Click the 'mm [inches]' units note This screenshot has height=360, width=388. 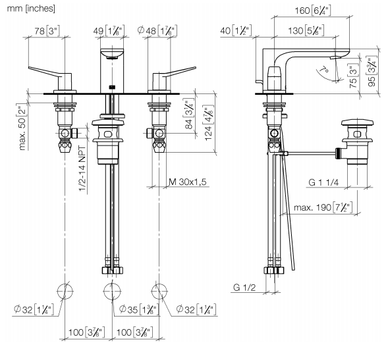tap(31, 9)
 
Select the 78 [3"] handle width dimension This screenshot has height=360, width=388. tap(47, 31)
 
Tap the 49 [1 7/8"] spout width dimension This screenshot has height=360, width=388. tap(109, 31)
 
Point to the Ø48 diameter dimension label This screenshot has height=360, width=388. tap(157, 31)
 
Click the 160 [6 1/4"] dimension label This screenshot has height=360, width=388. tap(312, 11)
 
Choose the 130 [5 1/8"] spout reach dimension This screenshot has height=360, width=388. tap(306, 31)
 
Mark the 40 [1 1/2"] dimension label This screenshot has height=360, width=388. tap(236, 31)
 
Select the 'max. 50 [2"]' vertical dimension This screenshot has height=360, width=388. tap(23, 129)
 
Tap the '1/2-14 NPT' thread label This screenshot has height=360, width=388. tap(82, 169)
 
